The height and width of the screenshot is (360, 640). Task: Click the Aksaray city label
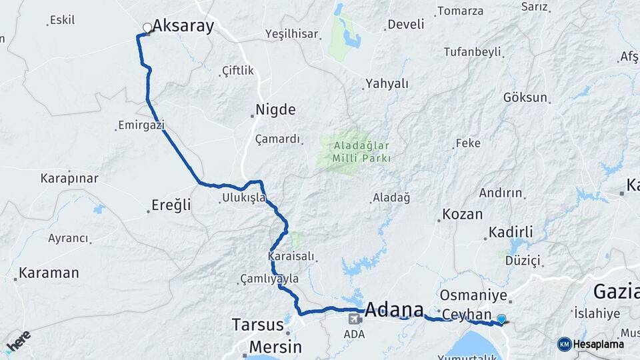(183, 26)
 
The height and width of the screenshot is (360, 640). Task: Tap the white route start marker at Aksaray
(147, 28)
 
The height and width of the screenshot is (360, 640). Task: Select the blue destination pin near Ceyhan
(501, 319)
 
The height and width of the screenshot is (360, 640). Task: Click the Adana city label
(395, 309)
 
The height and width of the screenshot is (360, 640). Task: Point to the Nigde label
(276, 109)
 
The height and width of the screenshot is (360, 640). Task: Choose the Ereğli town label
(172, 205)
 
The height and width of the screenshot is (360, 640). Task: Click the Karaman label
(49, 273)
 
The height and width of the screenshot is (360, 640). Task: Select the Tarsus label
(257, 325)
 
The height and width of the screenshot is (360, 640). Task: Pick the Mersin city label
(275, 347)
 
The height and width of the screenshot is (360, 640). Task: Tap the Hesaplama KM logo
(591, 344)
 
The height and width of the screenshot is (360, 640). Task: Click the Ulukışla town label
(244, 198)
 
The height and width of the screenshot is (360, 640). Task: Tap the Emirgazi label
(141, 125)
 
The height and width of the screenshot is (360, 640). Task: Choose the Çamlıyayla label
(269, 279)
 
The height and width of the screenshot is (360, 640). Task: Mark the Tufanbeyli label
(472, 52)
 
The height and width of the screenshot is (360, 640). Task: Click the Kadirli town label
(511, 232)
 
